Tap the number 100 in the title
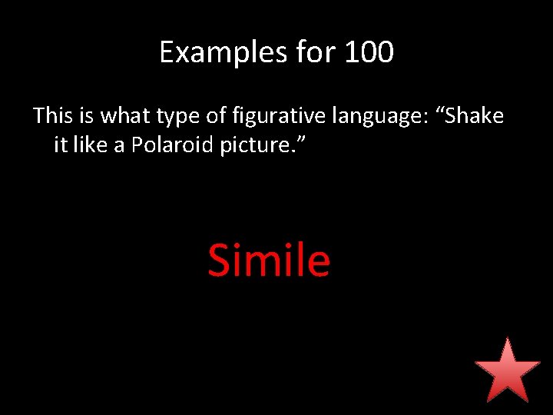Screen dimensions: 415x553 point(369,52)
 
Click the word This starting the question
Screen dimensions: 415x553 point(51,116)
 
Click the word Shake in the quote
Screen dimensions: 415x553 point(475,116)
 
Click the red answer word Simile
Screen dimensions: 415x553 point(269,261)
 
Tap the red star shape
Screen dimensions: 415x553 point(507,370)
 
